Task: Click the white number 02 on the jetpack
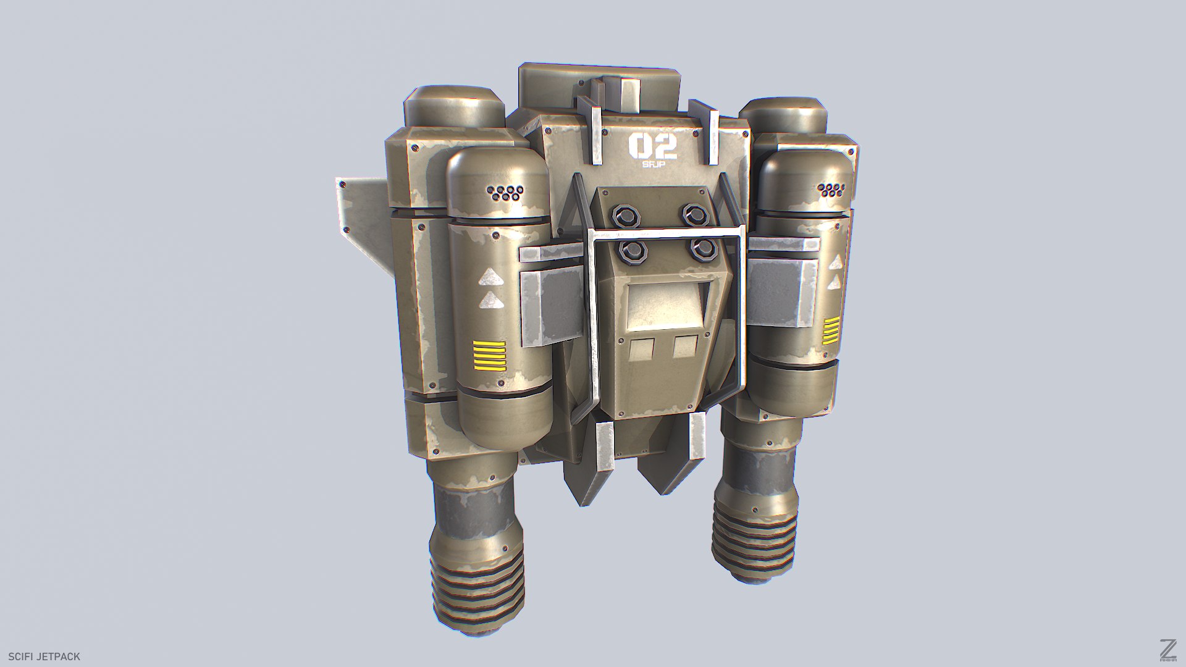point(652,147)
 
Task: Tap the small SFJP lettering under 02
point(652,165)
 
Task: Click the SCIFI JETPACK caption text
point(44,657)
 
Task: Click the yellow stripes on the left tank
point(489,356)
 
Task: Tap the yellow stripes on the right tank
point(831,330)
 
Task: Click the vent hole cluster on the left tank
point(505,193)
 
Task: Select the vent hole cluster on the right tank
point(831,190)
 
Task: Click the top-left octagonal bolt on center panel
point(621,216)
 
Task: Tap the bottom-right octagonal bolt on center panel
point(703,250)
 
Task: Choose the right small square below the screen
point(685,346)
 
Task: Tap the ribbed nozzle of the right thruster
point(754,542)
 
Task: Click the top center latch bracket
point(623,93)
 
